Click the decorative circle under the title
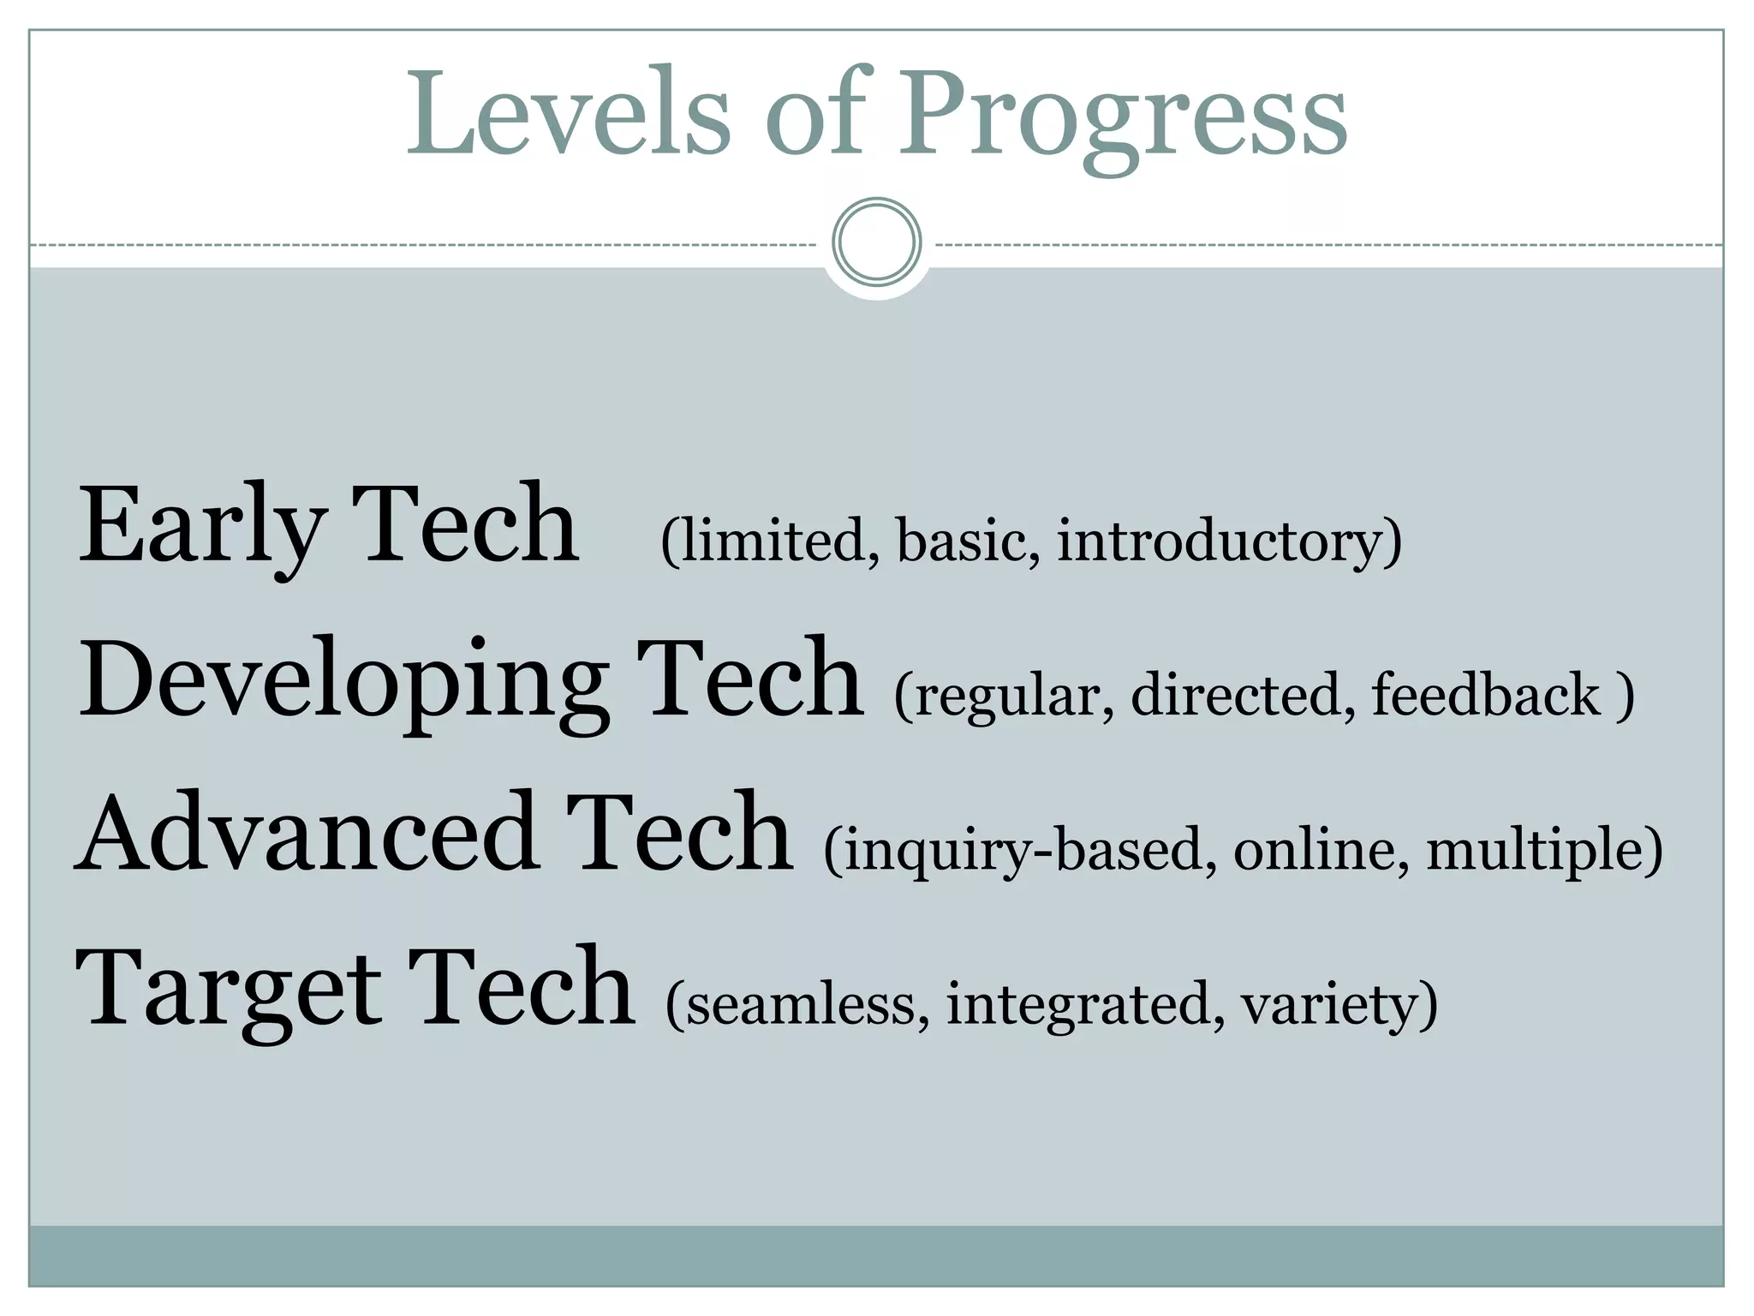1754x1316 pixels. click(x=876, y=242)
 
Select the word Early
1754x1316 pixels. click(x=202, y=524)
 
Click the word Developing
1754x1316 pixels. click(x=343, y=681)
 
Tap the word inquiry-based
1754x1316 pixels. click(x=1023, y=851)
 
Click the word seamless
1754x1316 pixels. click(x=801, y=1004)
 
